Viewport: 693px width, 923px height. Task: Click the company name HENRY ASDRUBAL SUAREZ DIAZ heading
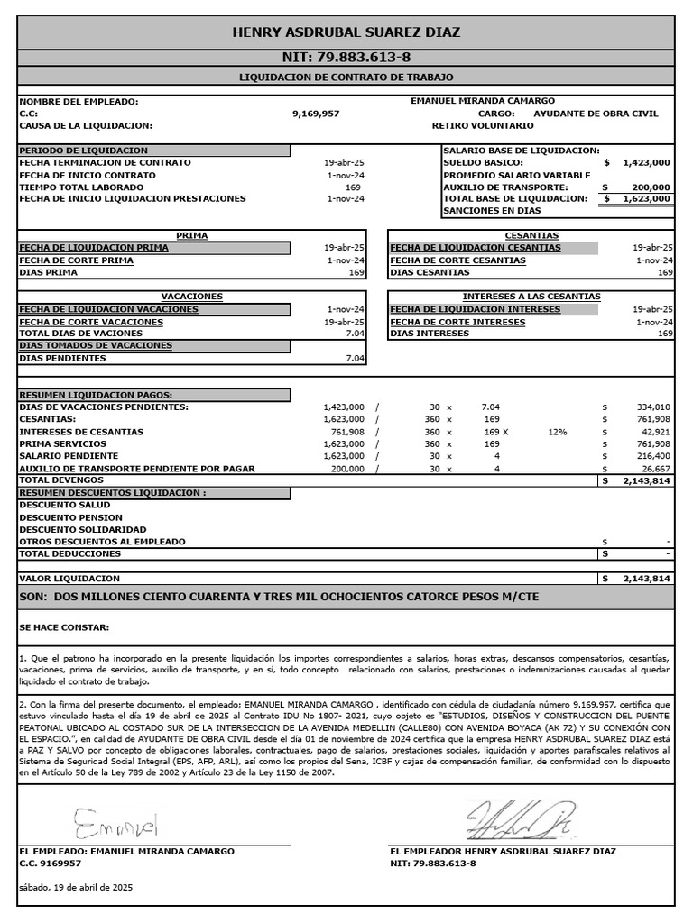[346, 32]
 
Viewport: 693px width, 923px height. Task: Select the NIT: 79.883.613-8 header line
[346, 57]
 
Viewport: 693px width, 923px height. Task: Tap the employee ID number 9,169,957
[317, 114]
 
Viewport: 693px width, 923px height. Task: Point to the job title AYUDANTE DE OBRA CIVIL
[596, 114]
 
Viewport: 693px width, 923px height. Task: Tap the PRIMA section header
[191, 235]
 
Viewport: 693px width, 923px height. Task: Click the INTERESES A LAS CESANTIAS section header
[531, 297]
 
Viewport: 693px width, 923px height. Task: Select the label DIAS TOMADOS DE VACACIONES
[96, 345]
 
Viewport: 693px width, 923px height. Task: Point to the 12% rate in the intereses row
[557, 432]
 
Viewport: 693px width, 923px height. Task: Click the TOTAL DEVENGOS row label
[58, 480]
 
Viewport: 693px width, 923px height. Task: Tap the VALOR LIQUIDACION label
[69, 578]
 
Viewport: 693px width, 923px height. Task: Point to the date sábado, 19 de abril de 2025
[76, 887]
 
